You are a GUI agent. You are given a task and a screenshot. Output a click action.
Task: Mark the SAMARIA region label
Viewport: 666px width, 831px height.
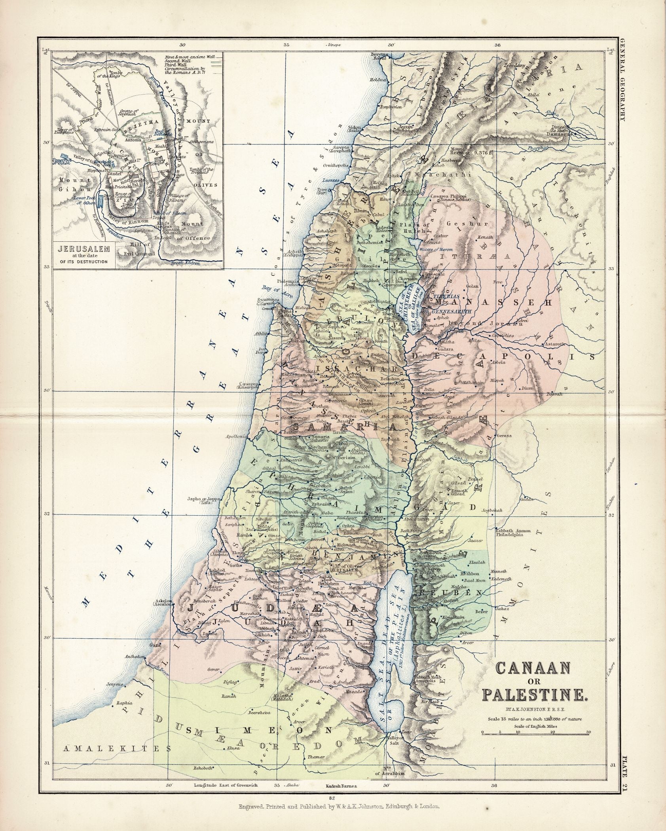coord(344,428)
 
